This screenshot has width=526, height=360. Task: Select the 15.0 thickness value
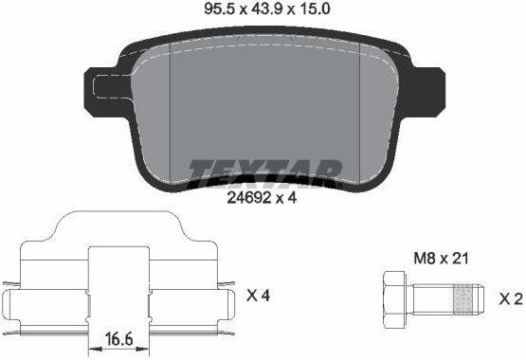coord(315,9)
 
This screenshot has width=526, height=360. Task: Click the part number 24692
coord(249,198)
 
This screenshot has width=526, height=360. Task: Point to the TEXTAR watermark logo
coord(265,173)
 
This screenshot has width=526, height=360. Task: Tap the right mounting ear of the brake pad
coord(426,91)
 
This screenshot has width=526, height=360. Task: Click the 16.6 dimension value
coord(118,339)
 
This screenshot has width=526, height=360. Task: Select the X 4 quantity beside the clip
coord(258,296)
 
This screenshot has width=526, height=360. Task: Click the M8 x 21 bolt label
coord(441,259)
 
